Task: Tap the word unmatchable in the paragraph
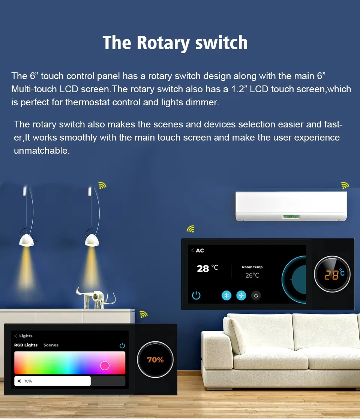click(42, 151)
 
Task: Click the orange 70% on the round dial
click(155, 360)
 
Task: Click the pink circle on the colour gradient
click(105, 365)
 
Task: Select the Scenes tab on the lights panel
click(51, 345)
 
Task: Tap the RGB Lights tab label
click(25, 345)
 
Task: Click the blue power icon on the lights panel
click(122, 346)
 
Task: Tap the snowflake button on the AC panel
click(226, 296)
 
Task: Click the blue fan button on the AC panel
click(241, 296)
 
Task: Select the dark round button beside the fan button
click(256, 296)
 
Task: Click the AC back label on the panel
click(198, 250)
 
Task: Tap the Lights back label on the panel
click(24, 336)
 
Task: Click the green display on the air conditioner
click(291, 217)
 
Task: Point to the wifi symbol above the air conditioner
click(345, 185)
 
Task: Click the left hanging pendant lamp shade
click(27, 240)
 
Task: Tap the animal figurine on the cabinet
click(96, 298)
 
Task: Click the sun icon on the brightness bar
click(19, 381)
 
